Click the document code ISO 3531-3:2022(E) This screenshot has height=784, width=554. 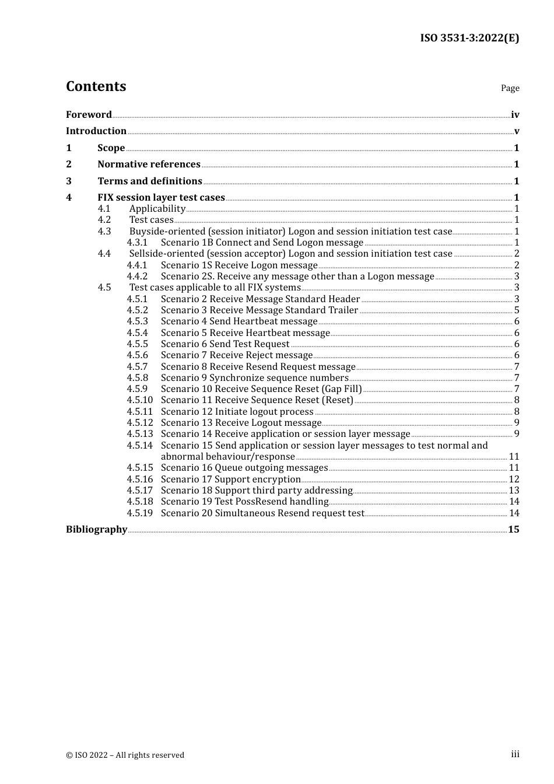coord(469,38)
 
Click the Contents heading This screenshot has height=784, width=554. coord(96,86)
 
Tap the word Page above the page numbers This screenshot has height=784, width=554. coord(510,88)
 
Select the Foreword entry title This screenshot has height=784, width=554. coord(89,115)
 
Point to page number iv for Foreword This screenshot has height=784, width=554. coord(515,115)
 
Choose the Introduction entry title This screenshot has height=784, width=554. coord(96,131)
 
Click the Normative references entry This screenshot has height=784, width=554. coord(149,164)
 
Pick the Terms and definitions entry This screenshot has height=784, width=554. coord(150,181)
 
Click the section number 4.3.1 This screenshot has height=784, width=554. coord(137,243)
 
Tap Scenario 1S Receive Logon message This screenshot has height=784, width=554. coord(239,265)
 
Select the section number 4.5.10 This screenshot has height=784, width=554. coord(140,400)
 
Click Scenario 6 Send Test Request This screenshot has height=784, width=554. coord(225,344)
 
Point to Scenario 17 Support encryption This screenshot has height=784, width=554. coord(231,480)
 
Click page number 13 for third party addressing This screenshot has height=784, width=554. coord(514,491)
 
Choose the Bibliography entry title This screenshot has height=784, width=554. coord(96,530)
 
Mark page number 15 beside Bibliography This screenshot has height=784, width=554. coord(513,530)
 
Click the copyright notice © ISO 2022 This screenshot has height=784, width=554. coord(125,755)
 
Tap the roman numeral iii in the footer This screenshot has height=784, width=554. coord(515,754)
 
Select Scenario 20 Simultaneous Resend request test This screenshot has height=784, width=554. coord(262,513)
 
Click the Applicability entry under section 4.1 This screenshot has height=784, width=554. coord(157,209)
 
